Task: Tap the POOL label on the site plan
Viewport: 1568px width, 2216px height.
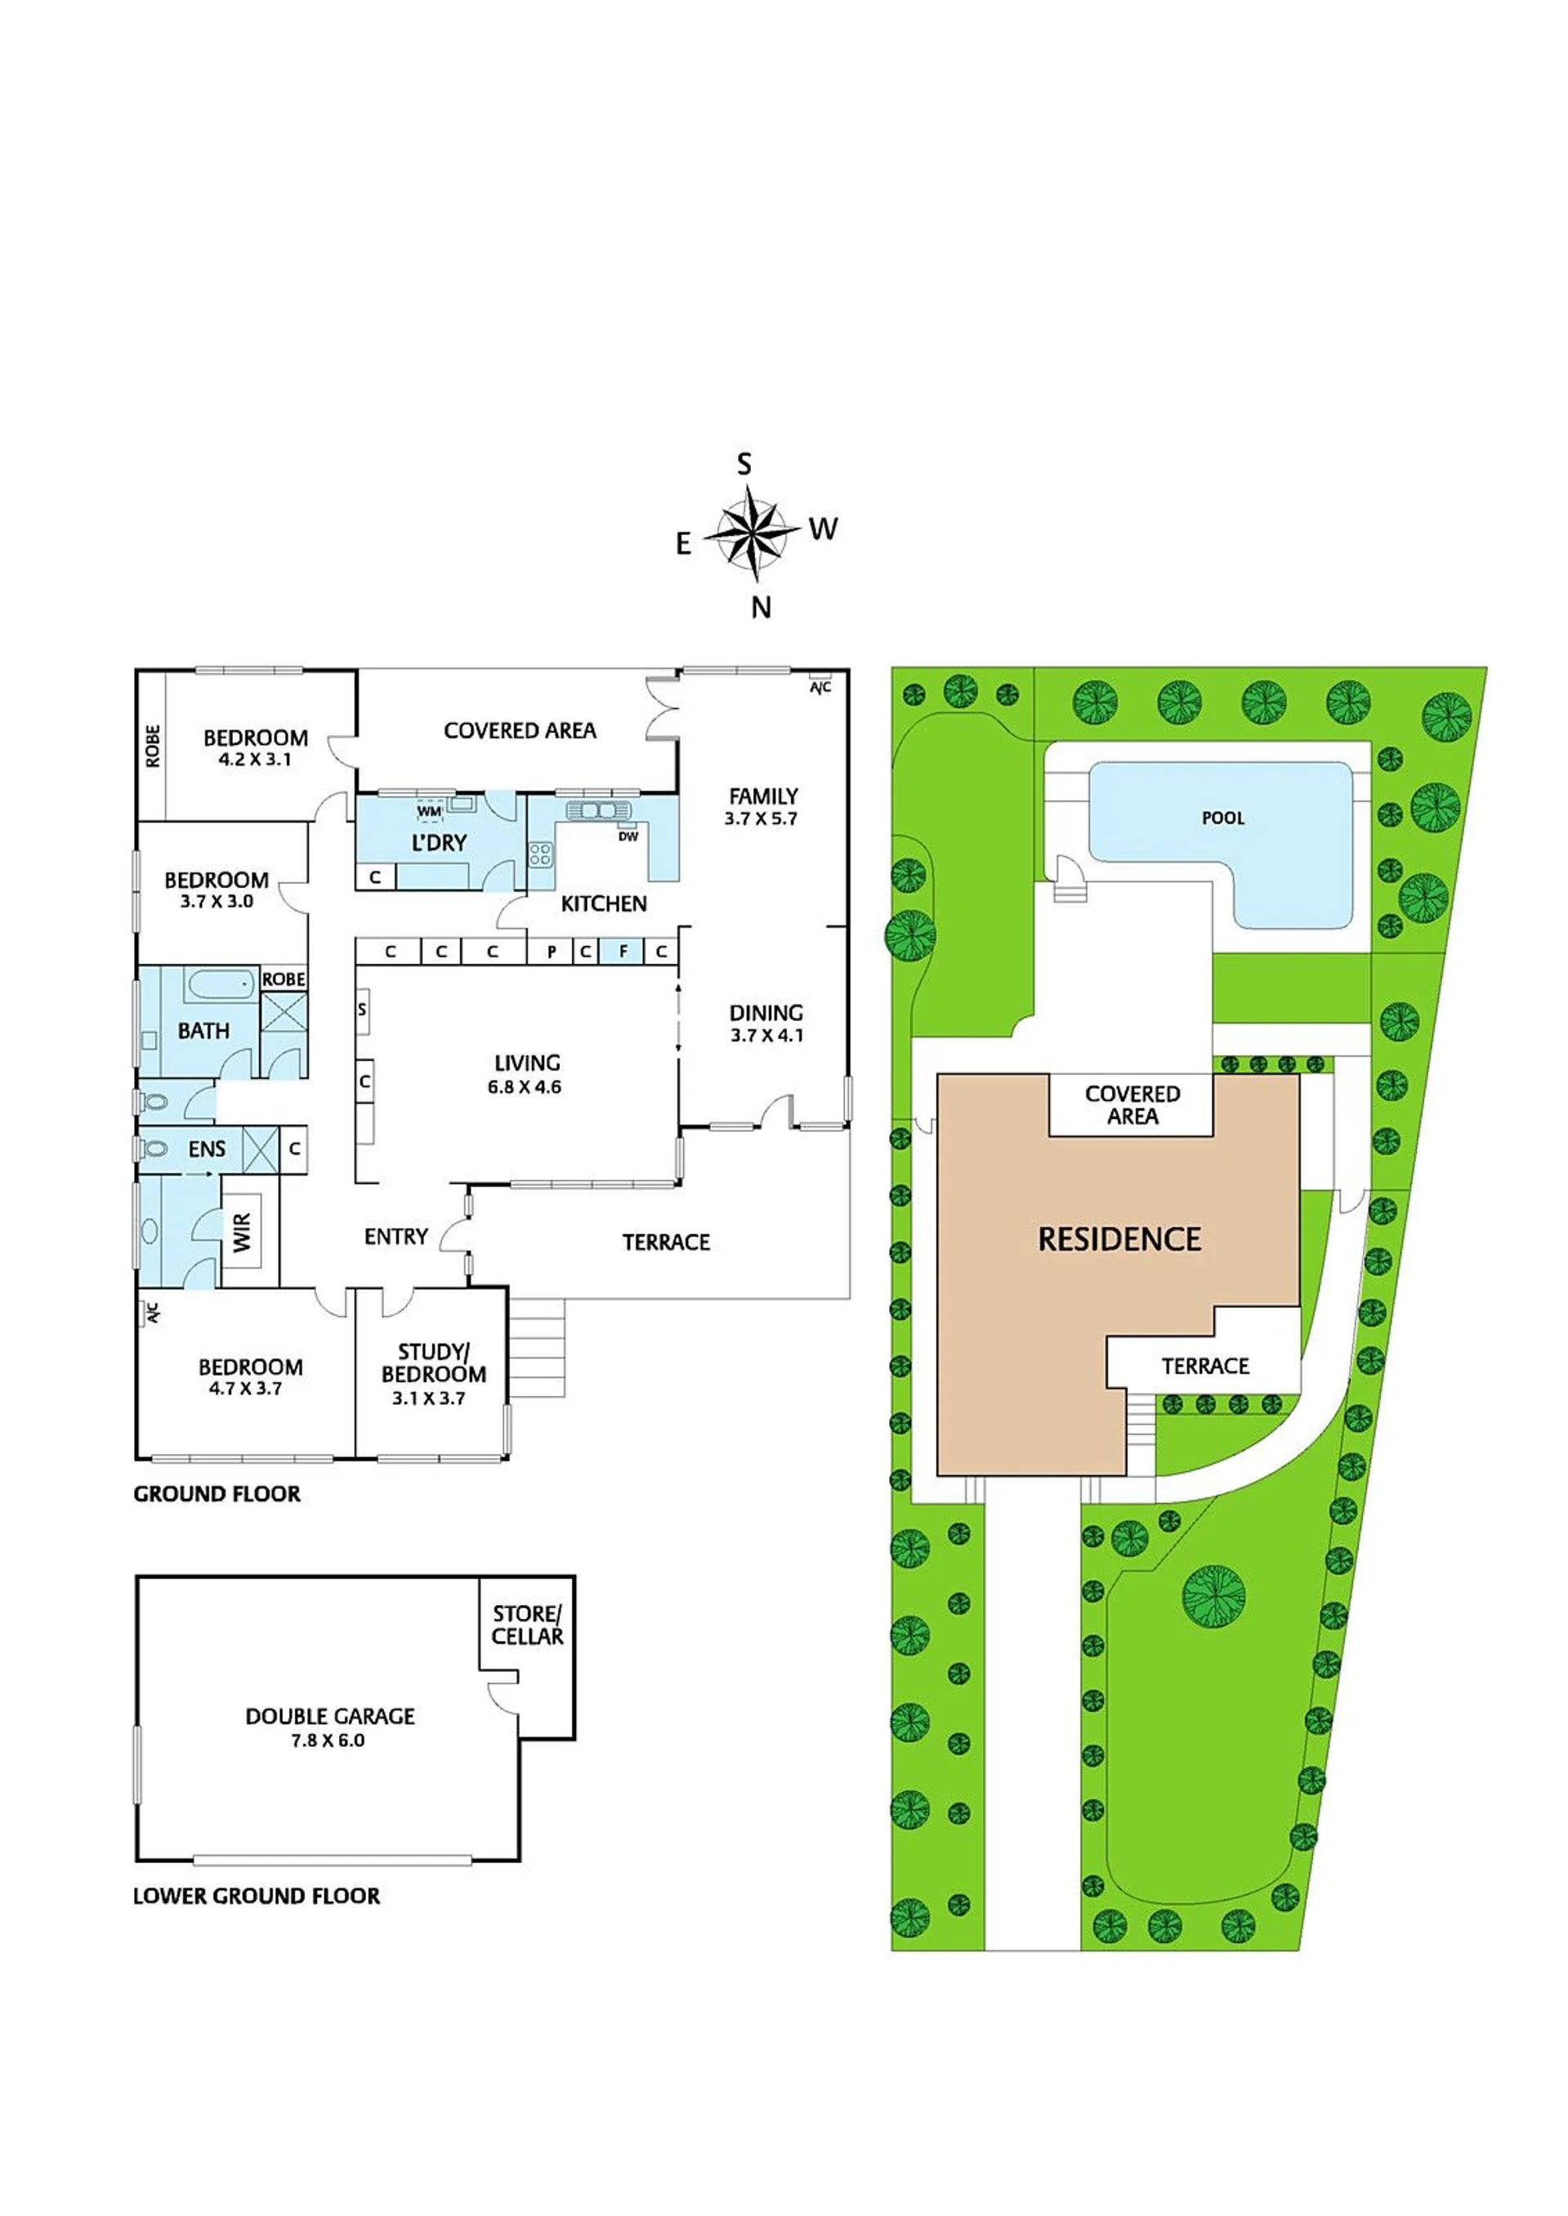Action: point(1222,818)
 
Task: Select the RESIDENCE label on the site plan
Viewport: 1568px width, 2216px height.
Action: point(1119,1238)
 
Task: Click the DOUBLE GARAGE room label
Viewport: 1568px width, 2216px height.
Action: point(330,1716)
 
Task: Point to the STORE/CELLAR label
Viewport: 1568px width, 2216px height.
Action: point(527,1625)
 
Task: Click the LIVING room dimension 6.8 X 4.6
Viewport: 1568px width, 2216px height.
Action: point(525,1087)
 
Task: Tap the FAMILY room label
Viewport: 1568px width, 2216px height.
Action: point(764,796)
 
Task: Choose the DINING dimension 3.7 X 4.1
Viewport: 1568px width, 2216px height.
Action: point(766,1036)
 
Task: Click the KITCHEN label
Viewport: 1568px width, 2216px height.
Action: point(604,903)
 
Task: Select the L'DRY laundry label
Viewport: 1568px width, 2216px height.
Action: point(440,843)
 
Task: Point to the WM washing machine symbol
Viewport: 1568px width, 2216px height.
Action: point(430,811)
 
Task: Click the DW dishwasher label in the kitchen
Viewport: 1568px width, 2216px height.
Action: point(628,836)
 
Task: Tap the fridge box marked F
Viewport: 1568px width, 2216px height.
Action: point(623,951)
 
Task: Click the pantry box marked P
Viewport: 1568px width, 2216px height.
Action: point(552,951)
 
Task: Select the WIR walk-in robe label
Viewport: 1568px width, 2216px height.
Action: point(241,1233)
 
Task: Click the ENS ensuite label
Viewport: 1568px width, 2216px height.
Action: point(207,1148)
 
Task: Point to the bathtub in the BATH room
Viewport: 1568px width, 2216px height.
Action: point(221,984)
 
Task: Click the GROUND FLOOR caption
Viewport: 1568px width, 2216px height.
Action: point(217,1494)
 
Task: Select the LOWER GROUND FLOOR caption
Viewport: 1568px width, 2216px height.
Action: point(257,1897)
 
